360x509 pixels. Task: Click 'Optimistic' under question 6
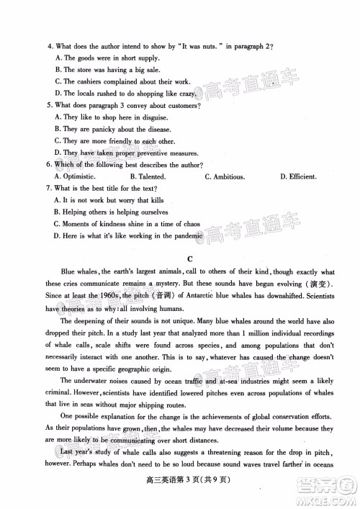tap(79, 176)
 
